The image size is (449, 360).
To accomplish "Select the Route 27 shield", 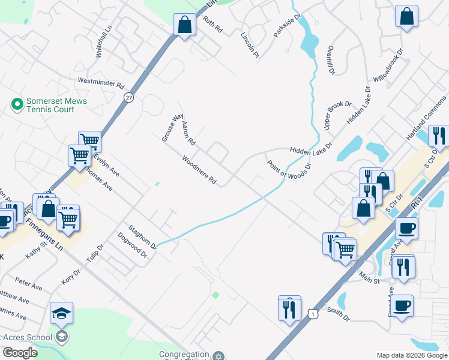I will pos(129,97).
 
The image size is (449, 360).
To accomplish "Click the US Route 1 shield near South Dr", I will pos(312,314).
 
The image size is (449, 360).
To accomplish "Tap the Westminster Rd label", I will pos(100,83).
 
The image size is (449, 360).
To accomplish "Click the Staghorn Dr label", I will pos(142,236).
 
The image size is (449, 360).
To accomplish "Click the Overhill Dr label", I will pos(331,61).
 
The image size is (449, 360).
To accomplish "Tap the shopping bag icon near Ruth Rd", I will pos(184,25).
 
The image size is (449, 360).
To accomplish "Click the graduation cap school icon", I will pos(61,313).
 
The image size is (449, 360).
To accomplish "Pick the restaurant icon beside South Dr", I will pos(289,309).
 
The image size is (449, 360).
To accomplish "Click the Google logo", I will pos(20,353).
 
